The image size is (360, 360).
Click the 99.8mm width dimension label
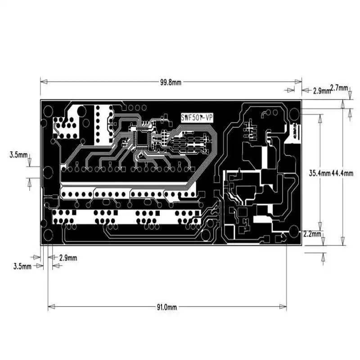pos(171,82)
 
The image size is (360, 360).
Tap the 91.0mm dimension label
pos(167,307)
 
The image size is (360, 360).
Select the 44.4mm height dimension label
pos(342,173)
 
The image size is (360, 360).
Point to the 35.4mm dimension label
pos(320,173)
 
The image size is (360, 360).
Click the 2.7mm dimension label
pos(339,88)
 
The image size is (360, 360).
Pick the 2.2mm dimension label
pos(312,234)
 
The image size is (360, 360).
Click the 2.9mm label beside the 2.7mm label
pos(322,91)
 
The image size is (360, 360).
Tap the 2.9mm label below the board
pos(68,258)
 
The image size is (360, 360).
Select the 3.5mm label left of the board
pos(18,155)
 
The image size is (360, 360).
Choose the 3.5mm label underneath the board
pos(22,266)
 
